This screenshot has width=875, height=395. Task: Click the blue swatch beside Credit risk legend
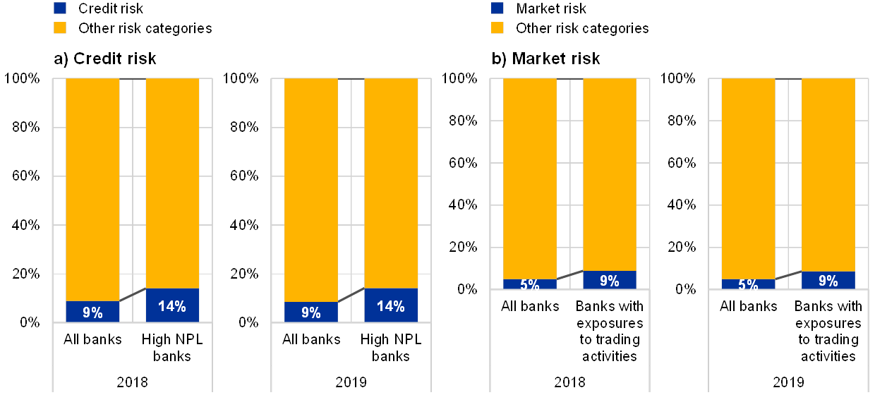(60, 8)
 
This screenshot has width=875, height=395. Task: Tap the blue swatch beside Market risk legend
(497, 8)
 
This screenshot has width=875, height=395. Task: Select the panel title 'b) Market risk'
(547, 59)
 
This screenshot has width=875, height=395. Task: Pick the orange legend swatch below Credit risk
(60, 28)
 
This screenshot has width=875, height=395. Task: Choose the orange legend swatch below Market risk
(497, 28)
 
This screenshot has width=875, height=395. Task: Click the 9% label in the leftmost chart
(92, 311)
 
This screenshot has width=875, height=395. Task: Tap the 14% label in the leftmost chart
(172, 306)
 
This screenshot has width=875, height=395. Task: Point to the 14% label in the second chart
(391, 306)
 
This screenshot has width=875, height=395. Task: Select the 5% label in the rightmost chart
(748, 284)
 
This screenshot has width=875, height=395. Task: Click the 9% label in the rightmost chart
(828, 280)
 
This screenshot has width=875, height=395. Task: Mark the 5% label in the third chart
(529, 284)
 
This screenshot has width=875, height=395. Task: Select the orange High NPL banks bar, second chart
(391, 183)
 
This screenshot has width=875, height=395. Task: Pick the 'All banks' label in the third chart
(529, 307)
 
